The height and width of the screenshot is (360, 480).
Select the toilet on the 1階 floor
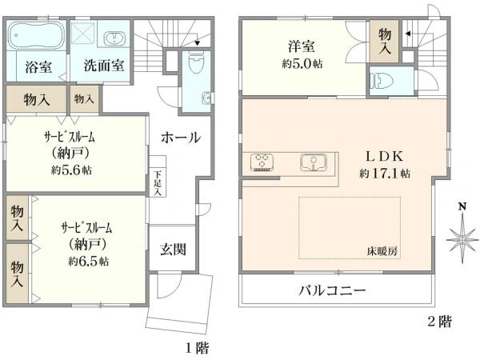[194, 63]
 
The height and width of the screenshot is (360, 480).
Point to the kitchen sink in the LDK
[314, 162]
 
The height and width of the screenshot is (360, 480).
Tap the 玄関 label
[173, 250]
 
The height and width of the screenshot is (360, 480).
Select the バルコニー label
[333, 289]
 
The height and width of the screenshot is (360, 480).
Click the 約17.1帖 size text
[385, 172]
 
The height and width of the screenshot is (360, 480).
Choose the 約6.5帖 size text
[89, 262]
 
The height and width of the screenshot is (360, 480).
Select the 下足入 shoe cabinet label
[158, 182]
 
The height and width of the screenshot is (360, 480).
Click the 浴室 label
[38, 66]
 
